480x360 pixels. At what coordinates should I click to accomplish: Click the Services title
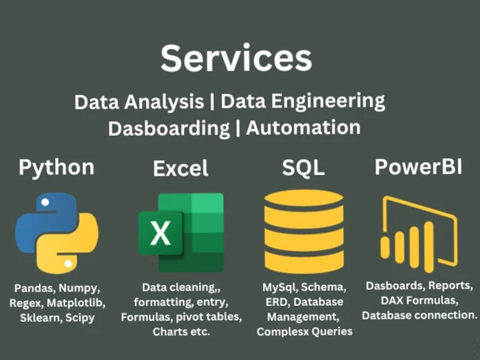click(x=236, y=58)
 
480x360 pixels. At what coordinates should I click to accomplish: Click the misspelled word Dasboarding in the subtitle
click(x=168, y=129)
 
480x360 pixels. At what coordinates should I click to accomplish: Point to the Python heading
click(x=57, y=168)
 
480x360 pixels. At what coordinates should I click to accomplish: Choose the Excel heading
click(x=180, y=168)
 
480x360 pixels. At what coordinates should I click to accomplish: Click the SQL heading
click(x=303, y=168)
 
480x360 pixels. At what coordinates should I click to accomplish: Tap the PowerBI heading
click(x=419, y=167)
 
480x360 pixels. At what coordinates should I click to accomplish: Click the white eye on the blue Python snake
click(x=45, y=202)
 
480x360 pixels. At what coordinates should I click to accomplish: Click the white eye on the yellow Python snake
click(x=68, y=264)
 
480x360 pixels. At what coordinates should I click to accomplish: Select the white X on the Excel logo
click(x=160, y=233)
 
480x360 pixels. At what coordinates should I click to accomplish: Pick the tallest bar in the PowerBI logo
click(x=428, y=247)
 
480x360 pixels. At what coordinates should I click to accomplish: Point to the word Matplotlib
click(x=76, y=303)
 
